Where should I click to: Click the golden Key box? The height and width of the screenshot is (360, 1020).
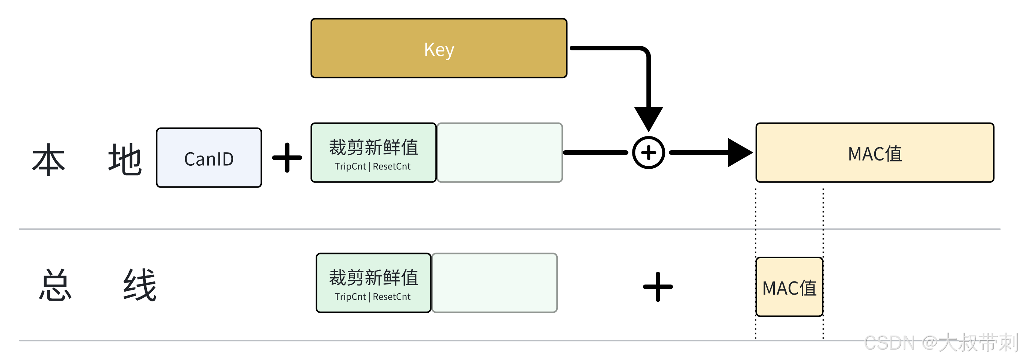point(439,48)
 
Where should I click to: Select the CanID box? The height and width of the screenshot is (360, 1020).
point(209,157)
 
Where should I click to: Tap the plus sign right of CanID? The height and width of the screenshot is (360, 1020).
point(287,157)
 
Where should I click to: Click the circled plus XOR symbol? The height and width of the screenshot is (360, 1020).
point(648,153)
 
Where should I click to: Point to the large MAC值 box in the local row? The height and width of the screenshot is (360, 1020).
point(874,153)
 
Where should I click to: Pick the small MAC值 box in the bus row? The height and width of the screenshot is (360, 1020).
point(789,287)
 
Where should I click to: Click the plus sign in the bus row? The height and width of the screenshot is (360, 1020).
point(658,287)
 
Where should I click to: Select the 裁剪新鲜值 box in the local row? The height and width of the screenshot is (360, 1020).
point(373,153)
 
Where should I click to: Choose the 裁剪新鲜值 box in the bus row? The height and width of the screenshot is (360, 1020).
point(373,283)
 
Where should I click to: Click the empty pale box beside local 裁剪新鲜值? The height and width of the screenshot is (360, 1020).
point(500,153)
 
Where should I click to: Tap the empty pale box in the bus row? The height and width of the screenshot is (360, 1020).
point(495,283)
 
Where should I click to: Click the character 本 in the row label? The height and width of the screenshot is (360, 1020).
point(49,159)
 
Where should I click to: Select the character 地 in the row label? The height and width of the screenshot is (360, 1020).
point(125,159)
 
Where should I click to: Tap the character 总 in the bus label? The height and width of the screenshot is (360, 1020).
point(55,285)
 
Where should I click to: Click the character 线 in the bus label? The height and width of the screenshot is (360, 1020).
point(140,285)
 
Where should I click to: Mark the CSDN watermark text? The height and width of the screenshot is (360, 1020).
point(940,343)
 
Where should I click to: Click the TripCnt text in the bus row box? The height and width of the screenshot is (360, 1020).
point(350,296)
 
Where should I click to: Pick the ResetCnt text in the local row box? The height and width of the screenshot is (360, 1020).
point(392,166)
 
